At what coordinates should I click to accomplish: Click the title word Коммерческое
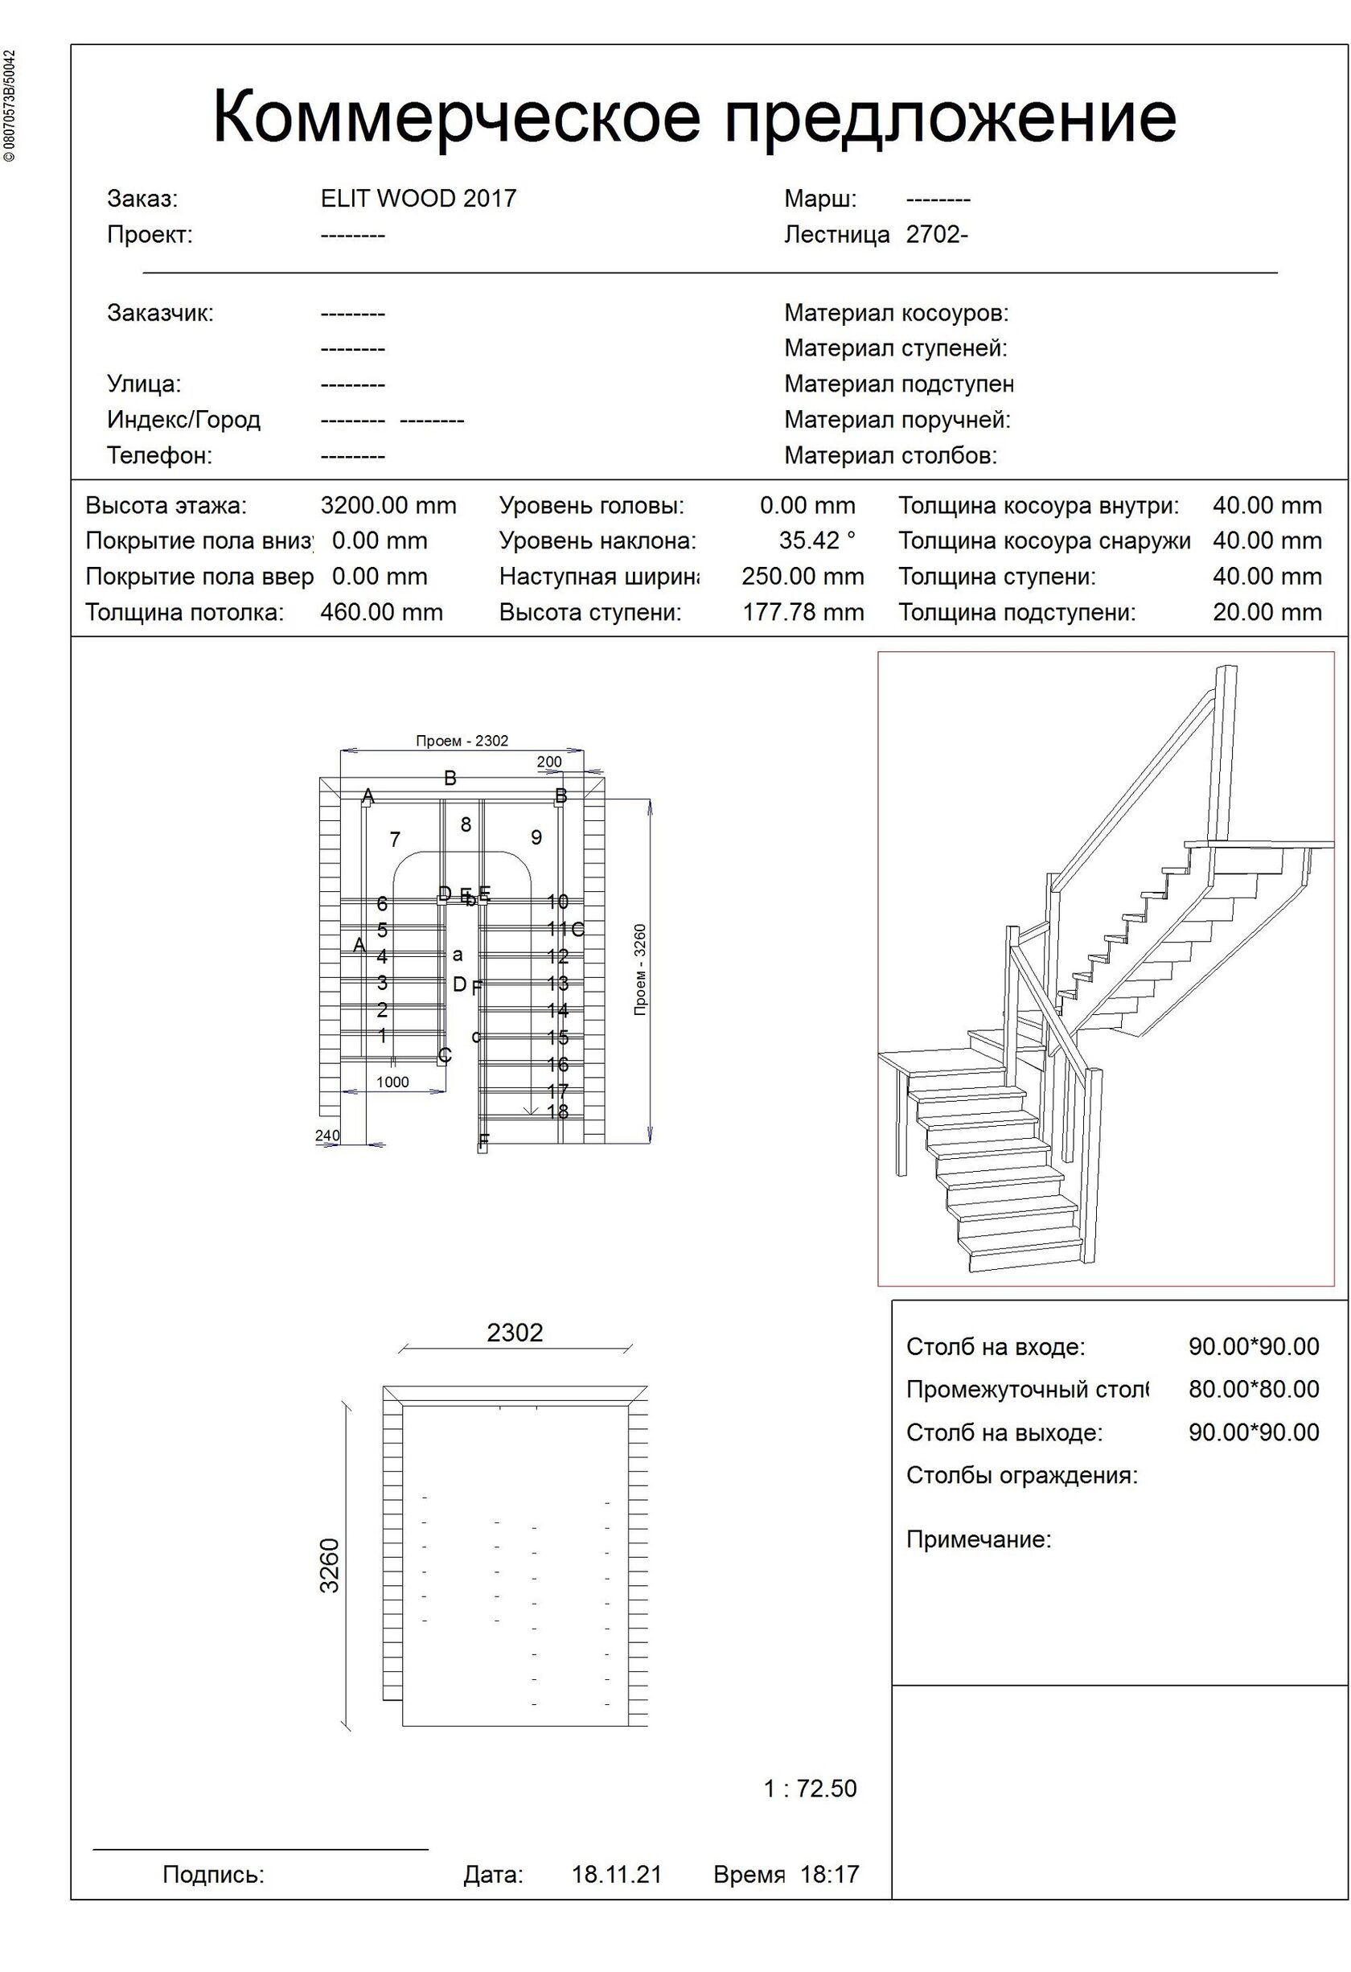[456, 117]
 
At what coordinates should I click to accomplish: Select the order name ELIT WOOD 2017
[418, 199]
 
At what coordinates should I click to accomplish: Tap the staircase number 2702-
[937, 234]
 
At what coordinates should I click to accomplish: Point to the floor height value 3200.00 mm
[388, 506]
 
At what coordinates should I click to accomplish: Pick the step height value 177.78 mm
[803, 613]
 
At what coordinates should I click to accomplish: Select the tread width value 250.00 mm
[802, 577]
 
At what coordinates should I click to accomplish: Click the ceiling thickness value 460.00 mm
[381, 613]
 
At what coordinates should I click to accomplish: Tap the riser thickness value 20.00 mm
[1266, 613]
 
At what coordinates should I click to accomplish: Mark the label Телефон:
[159, 456]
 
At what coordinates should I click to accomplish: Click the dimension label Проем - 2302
[462, 741]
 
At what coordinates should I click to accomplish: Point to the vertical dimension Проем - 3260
[640, 970]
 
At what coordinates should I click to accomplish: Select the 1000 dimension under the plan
[392, 1082]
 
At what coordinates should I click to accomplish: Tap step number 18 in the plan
[557, 1111]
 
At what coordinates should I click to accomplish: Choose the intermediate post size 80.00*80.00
[1254, 1389]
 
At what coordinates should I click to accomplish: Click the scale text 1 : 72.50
[810, 1789]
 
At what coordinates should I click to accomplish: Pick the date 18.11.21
[616, 1875]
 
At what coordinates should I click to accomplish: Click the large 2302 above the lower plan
[514, 1333]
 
